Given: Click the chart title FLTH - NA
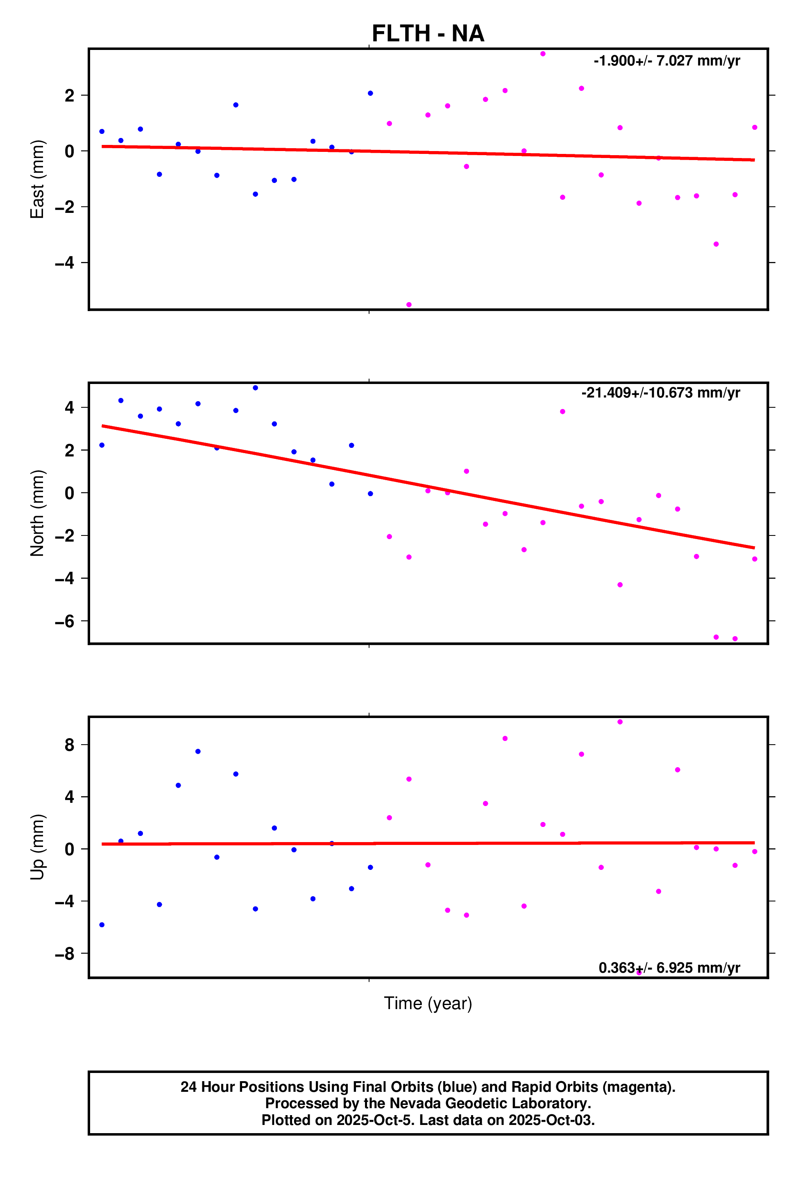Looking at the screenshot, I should pyautogui.click(x=428, y=34).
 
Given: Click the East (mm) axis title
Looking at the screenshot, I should pyautogui.click(x=37, y=179).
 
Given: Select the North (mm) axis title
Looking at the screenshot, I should pyautogui.click(x=37, y=513).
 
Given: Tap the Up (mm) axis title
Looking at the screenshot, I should pyautogui.click(x=37, y=847).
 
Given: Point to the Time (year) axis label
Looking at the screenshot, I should pyautogui.click(x=428, y=1003).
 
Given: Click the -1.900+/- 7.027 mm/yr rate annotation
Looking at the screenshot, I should pyautogui.click(x=666, y=61).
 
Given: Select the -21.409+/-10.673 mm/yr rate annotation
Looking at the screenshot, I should pyautogui.click(x=660, y=393).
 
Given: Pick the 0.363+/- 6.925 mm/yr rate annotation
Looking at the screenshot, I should pyautogui.click(x=669, y=967).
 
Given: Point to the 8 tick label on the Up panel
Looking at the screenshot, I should pyautogui.click(x=69, y=745).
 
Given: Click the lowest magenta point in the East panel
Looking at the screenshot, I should pyautogui.click(x=409, y=305).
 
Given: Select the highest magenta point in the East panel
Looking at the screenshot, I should pyautogui.click(x=543, y=54).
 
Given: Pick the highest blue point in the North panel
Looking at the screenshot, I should pyautogui.click(x=255, y=388).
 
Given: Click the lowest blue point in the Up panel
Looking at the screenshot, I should pyautogui.click(x=102, y=925).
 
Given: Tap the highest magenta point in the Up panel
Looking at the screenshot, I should pyautogui.click(x=620, y=722).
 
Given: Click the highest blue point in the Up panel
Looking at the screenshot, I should pyautogui.click(x=198, y=752).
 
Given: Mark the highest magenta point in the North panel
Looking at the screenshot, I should pyautogui.click(x=562, y=411).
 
